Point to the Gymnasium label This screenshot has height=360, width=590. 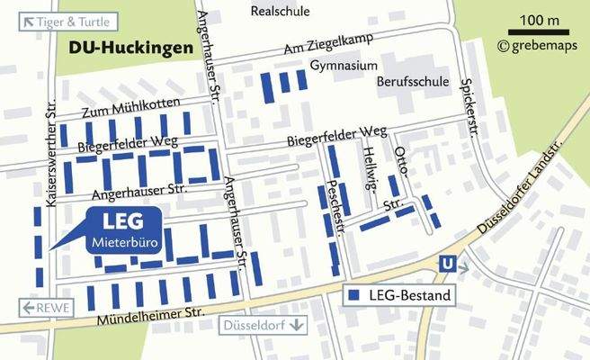click(344, 67)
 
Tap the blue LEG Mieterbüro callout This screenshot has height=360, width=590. click(123, 229)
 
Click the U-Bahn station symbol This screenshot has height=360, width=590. click(444, 264)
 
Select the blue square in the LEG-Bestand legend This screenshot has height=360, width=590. click(354, 295)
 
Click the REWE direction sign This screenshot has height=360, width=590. click(44, 308)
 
